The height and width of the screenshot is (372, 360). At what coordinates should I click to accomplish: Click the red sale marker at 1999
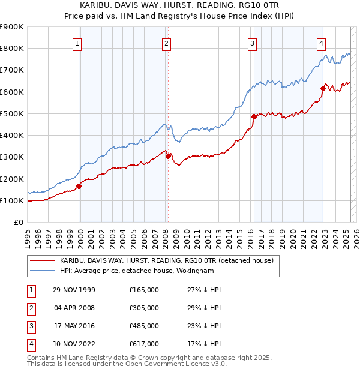[x=79, y=186]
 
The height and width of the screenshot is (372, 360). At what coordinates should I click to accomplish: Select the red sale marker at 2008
[x=168, y=156]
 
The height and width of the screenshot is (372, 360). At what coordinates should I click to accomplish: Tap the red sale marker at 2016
[x=254, y=116]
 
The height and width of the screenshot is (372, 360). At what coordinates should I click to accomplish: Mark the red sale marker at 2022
[x=323, y=88]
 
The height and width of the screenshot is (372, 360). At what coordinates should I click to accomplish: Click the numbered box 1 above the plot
[x=78, y=43]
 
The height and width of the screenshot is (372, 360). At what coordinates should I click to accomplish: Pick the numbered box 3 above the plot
[x=253, y=43]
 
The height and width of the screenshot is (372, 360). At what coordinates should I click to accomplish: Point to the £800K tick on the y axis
[x=11, y=49]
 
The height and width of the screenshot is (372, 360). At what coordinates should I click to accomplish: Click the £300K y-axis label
[x=11, y=157]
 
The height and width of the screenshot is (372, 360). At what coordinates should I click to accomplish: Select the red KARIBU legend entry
[x=166, y=260]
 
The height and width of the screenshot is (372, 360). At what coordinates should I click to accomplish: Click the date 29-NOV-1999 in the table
[x=74, y=290]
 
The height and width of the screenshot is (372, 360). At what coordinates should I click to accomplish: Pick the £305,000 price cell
[x=144, y=308]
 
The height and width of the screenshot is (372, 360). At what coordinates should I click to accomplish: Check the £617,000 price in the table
[x=144, y=344]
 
